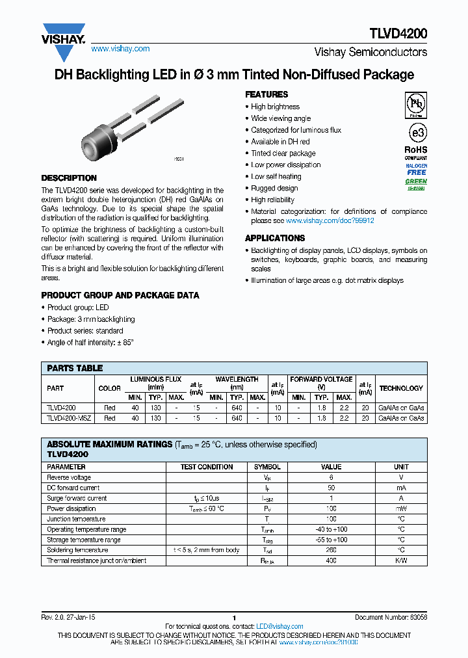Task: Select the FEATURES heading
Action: pos(266,95)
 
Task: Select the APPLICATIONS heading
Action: pos(275,239)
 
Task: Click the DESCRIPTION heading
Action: pos(69,178)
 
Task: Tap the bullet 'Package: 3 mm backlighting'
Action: pos(91,319)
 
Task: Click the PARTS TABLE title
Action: pos(75,368)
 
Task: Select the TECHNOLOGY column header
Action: pos(401,388)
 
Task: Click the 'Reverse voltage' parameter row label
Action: pos(69,477)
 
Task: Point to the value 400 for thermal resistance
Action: pos(331,560)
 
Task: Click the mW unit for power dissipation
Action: pos(401,508)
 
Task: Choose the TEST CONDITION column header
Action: pos(207,467)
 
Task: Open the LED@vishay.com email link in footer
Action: pos(279,627)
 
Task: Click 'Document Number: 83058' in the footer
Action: pos(391,618)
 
